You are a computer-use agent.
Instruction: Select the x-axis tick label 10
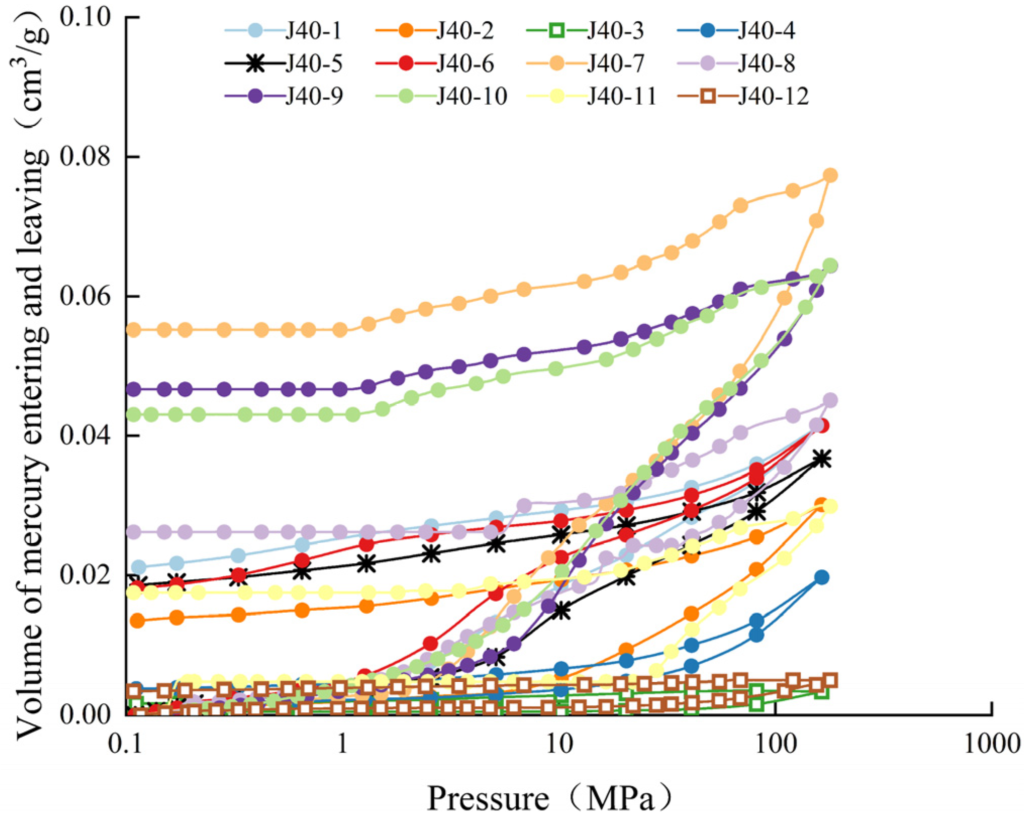(559, 744)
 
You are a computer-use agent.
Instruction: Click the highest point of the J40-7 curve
(830, 175)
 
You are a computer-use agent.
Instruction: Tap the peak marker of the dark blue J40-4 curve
(821, 577)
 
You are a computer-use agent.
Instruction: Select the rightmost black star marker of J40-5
(821, 459)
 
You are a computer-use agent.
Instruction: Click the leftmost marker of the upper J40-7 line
(133, 330)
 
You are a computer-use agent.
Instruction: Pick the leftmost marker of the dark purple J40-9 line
(133, 389)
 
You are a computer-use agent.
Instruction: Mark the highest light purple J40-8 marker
(830, 400)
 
